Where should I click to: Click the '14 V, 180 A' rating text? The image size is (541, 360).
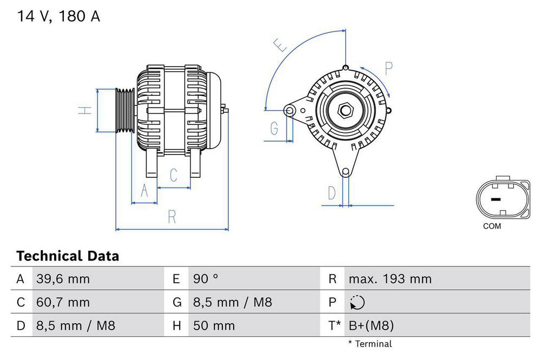[x=59, y=16]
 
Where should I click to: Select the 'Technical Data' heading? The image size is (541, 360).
[x=68, y=256]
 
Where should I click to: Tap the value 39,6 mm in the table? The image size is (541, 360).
[x=63, y=279]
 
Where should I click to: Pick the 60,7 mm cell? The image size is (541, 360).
[x=63, y=303]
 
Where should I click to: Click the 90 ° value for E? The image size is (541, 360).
[x=206, y=279]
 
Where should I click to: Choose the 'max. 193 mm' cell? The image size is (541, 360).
[x=390, y=279]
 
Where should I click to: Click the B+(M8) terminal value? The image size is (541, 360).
[x=371, y=326]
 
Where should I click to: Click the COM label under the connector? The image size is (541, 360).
[x=492, y=226]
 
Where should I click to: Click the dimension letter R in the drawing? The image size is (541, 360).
[x=172, y=217]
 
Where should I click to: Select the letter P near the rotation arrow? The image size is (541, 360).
[x=388, y=68]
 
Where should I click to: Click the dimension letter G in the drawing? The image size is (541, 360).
[x=274, y=129]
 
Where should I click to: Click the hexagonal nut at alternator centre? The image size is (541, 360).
[x=345, y=111]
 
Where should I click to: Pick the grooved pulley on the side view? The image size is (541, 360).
[x=125, y=110]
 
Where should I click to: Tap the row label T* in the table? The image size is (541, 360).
[x=334, y=326]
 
